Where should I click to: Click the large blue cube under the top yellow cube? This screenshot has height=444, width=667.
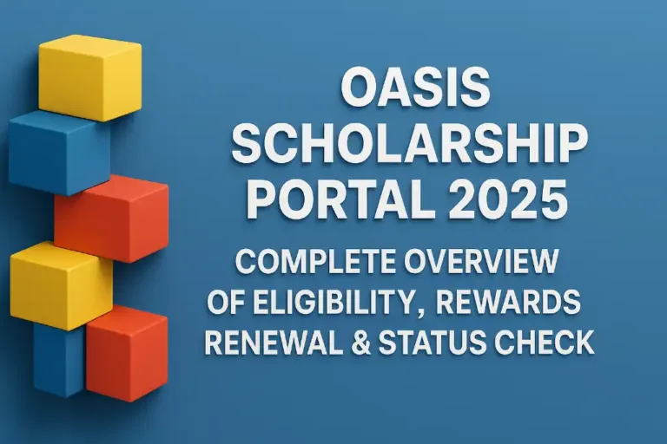coord(56,152)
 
